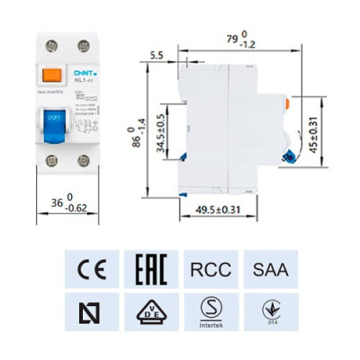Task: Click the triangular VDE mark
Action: pos(148,311)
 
